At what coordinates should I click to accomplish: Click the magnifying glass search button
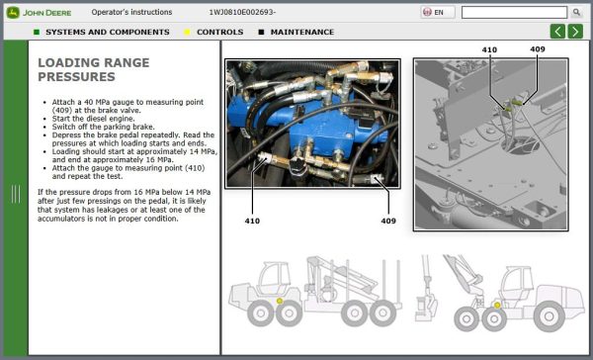click(x=576, y=13)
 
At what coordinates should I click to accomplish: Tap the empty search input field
click(x=514, y=13)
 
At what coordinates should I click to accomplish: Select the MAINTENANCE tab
click(x=300, y=32)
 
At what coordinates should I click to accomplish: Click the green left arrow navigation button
click(x=557, y=32)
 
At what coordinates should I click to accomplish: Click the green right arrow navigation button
click(x=575, y=32)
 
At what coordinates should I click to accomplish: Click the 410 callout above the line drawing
click(x=489, y=48)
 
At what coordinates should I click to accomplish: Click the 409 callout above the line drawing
click(x=537, y=48)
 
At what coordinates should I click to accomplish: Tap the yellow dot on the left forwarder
click(x=280, y=301)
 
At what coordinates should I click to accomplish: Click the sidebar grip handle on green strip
click(x=15, y=194)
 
